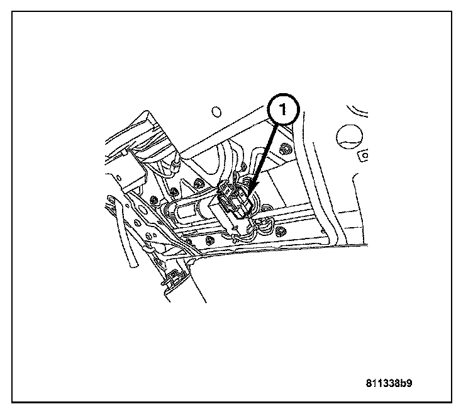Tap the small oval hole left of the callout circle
click(x=216, y=112)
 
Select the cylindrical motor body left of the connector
click(x=189, y=211)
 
